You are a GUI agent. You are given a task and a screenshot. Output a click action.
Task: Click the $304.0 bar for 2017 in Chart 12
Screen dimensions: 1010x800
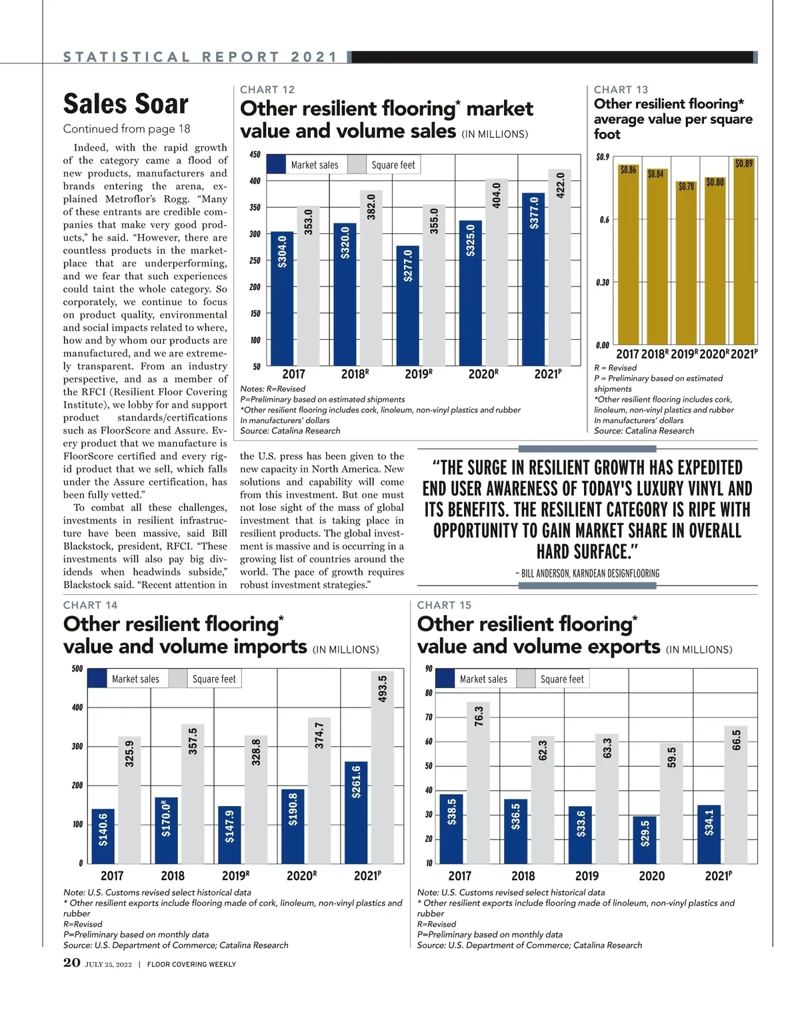click(282, 300)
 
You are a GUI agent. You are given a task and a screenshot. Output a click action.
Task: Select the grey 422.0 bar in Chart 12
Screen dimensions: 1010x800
click(560, 266)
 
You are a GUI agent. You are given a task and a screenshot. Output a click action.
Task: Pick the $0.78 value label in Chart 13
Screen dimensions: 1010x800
click(686, 187)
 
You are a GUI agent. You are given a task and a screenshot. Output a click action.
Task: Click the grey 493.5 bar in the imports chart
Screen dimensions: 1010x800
click(382, 766)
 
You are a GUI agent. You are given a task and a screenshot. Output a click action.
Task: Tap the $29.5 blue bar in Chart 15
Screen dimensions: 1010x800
click(645, 839)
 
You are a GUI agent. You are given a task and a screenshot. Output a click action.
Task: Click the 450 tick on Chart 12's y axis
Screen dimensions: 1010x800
click(255, 155)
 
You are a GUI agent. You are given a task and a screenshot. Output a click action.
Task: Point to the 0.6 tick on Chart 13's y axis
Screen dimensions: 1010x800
click(603, 220)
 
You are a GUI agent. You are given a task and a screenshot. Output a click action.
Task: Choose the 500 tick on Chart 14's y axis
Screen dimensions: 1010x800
click(77, 669)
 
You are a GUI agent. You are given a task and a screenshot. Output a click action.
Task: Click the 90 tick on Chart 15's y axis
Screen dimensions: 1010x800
click(429, 669)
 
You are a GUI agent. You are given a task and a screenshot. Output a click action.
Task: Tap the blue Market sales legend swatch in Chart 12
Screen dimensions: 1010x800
click(276, 165)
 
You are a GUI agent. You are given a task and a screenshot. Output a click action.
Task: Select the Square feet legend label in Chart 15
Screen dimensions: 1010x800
click(562, 679)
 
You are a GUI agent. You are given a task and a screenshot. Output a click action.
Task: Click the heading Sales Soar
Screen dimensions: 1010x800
click(126, 104)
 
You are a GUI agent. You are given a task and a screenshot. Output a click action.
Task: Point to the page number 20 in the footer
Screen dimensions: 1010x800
click(71, 963)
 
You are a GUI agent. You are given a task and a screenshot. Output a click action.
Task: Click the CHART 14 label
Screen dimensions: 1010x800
click(90, 605)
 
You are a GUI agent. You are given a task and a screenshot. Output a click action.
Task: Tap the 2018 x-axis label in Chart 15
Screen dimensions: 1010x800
click(523, 875)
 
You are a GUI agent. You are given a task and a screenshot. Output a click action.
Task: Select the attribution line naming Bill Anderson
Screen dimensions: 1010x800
click(587, 573)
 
